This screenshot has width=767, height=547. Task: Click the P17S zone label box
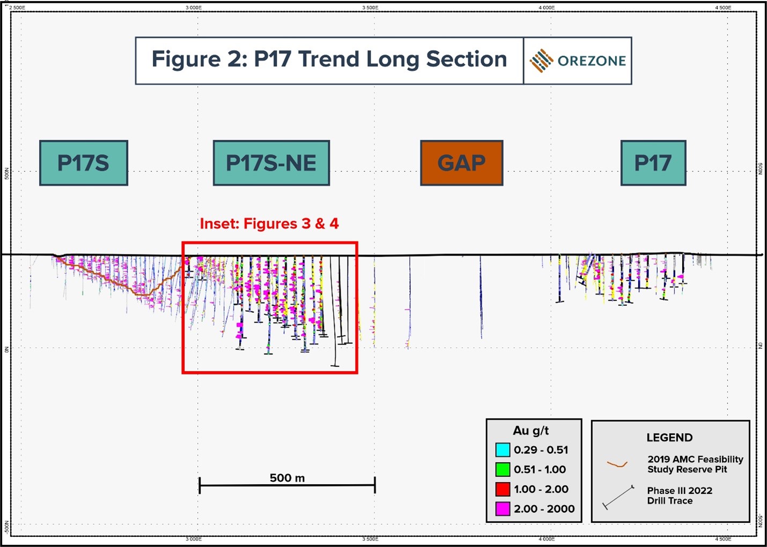pyautogui.click(x=84, y=163)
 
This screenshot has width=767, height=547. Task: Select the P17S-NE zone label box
pyautogui.click(x=271, y=163)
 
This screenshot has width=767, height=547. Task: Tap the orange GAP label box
pyautogui.click(x=461, y=163)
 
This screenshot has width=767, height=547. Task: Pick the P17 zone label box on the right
pyautogui.click(x=653, y=163)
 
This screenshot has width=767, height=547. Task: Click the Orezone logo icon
pyautogui.click(x=541, y=61)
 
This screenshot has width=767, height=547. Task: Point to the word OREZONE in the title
pyautogui.click(x=592, y=61)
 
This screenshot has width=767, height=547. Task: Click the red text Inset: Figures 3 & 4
pyautogui.click(x=269, y=223)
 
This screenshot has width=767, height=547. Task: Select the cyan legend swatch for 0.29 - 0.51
pyautogui.click(x=503, y=450)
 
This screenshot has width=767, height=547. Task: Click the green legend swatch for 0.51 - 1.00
pyautogui.click(x=503, y=470)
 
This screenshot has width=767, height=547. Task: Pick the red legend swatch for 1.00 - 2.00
pyautogui.click(x=503, y=489)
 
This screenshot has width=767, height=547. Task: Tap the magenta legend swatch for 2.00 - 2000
pyautogui.click(x=503, y=509)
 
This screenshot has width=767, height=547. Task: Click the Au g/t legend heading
pyautogui.click(x=530, y=431)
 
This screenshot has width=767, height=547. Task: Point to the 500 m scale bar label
pyautogui.click(x=287, y=478)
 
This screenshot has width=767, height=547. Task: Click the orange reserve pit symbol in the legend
pyautogui.click(x=617, y=464)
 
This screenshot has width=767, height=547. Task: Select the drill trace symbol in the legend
pyautogui.click(x=618, y=497)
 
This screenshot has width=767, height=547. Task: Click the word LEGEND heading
pyautogui.click(x=669, y=438)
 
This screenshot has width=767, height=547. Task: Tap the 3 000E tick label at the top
pyautogui.click(x=194, y=8)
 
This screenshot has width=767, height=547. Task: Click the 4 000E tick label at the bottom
pyautogui.click(x=547, y=539)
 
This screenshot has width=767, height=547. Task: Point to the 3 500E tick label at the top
pyautogui.click(x=370, y=8)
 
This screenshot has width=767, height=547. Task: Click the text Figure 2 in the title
pyautogui.click(x=197, y=59)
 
